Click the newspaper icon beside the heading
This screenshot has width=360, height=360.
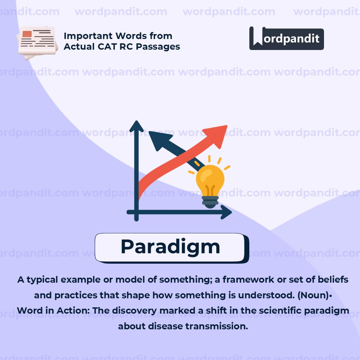(x=37, y=43)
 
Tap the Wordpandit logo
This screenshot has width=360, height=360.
(x=286, y=39)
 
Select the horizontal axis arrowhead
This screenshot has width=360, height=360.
(x=227, y=212)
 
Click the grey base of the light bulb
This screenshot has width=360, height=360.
(x=210, y=201)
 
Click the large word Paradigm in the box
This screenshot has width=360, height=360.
(x=170, y=247)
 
